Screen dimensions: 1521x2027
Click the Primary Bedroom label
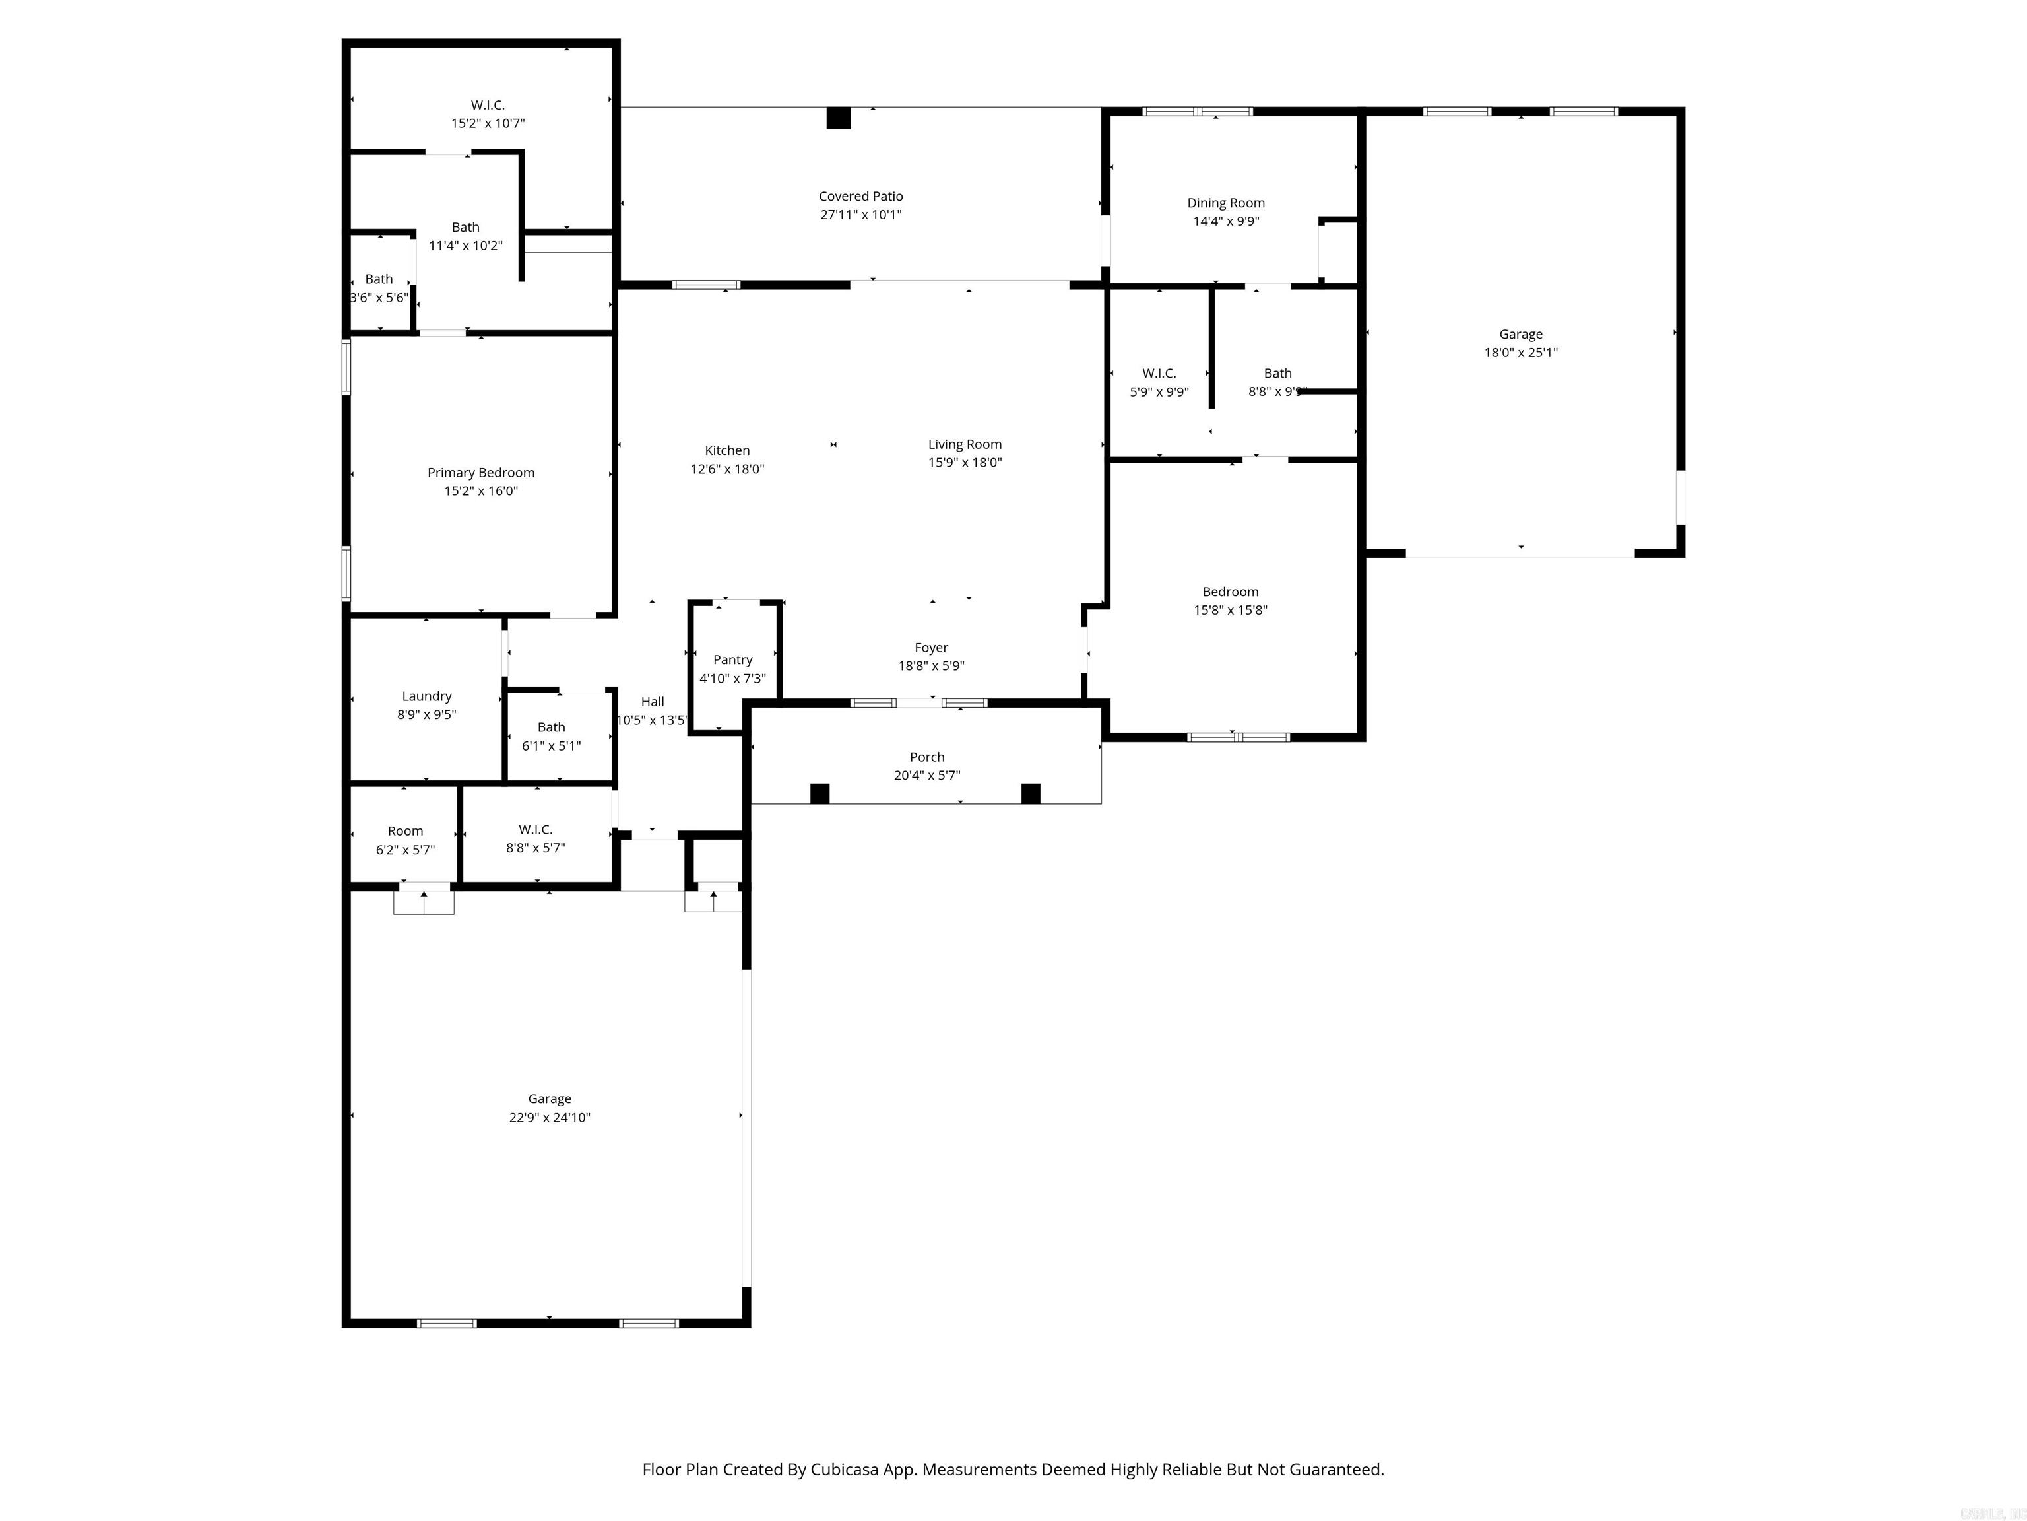pyautogui.click(x=480, y=472)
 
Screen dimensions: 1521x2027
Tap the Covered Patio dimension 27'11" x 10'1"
pyautogui.click(x=860, y=215)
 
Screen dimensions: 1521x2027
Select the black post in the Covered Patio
pyautogui.click(x=839, y=118)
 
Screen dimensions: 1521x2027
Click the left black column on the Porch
pyautogui.click(x=820, y=793)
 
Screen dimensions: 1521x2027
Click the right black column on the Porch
pyautogui.click(x=1030, y=793)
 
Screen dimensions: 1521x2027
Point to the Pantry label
pyautogui.click(x=732, y=659)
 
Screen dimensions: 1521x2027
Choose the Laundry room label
pyautogui.click(x=426, y=696)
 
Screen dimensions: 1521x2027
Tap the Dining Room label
pyautogui.click(x=1225, y=203)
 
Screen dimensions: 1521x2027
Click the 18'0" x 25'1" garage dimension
pyautogui.click(x=1520, y=352)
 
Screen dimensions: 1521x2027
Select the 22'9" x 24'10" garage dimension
pyautogui.click(x=549, y=1117)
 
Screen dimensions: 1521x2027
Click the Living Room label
pyautogui.click(x=964, y=444)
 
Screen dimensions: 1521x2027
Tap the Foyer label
pyautogui.click(x=931, y=647)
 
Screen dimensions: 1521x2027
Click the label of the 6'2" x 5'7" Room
pyautogui.click(x=405, y=830)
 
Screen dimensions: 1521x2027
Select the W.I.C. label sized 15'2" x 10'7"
pyautogui.click(x=488, y=104)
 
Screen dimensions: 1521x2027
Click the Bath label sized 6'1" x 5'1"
pyautogui.click(x=551, y=727)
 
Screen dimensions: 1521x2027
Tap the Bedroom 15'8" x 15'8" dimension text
pyautogui.click(x=1230, y=610)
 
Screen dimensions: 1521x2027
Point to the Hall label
pyautogui.click(x=653, y=701)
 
